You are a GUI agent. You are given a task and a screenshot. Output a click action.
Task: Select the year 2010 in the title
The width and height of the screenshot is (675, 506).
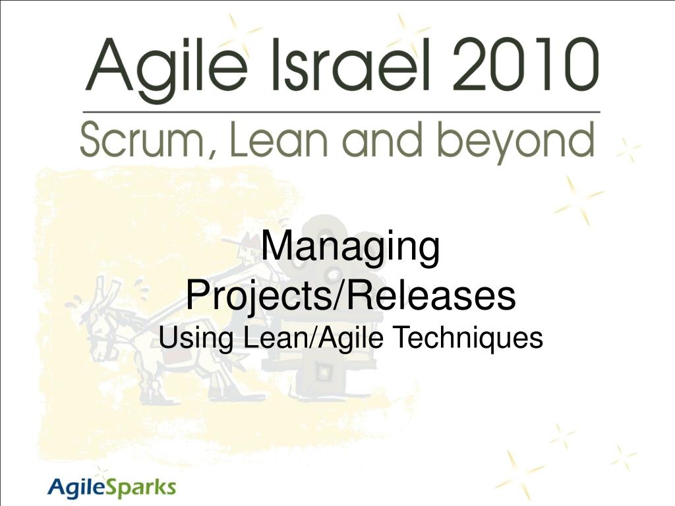pos(525,65)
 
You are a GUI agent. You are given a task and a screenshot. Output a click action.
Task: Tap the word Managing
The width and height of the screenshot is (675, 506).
pos(351,248)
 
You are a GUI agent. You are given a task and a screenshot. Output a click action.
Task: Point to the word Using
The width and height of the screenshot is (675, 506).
pos(196,339)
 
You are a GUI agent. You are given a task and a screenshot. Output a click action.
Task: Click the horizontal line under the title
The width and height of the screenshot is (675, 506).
pos(341,112)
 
